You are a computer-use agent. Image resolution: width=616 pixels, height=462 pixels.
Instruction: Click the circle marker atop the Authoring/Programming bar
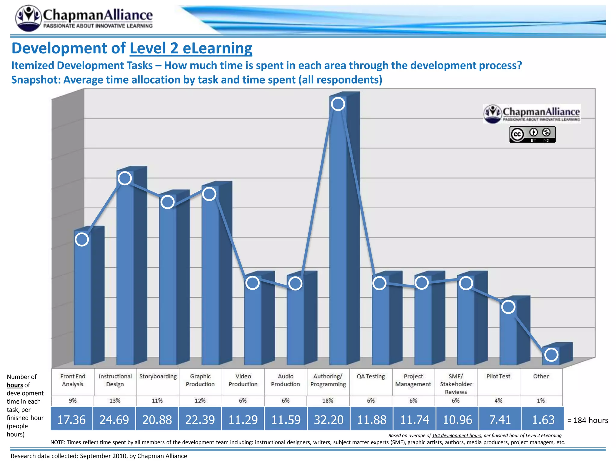pyautogui.click(x=338, y=104)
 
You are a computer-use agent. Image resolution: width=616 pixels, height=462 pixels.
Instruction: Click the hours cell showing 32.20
pyautogui.click(x=328, y=420)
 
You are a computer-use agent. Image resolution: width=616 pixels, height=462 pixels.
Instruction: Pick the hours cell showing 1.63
pyautogui.click(x=543, y=420)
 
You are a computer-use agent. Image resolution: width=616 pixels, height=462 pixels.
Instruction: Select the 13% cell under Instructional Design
pyautogui.click(x=115, y=401)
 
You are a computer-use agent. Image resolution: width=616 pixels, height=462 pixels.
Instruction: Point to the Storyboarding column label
pyautogui.click(x=158, y=376)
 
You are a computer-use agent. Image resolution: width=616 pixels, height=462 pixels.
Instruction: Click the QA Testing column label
pyautogui.click(x=371, y=376)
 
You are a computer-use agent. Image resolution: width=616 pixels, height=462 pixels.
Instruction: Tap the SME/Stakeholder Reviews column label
pyautogui.click(x=456, y=384)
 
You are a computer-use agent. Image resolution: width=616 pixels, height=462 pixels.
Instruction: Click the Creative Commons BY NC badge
pyautogui.click(x=532, y=134)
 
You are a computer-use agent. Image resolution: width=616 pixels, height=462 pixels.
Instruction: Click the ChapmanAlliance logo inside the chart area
pyautogui.click(x=531, y=114)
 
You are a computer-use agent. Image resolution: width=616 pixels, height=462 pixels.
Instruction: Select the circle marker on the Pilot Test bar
pyautogui.click(x=508, y=307)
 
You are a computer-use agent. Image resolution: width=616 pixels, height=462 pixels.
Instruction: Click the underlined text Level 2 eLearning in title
pyautogui.click(x=191, y=48)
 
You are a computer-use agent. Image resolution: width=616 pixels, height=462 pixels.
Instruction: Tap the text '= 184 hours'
pyautogui.click(x=587, y=420)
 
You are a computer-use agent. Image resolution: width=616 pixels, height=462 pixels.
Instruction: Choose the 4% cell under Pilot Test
pyautogui.click(x=498, y=401)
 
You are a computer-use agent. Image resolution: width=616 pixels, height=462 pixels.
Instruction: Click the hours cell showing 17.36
pyautogui.click(x=71, y=420)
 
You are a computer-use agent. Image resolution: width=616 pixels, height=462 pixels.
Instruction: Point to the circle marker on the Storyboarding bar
pyautogui.click(x=168, y=202)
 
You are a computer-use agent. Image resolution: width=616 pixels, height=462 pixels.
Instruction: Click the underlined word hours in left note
pyautogui.click(x=15, y=385)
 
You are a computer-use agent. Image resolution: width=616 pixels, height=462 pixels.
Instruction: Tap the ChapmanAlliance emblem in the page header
pyautogui.click(x=28, y=18)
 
